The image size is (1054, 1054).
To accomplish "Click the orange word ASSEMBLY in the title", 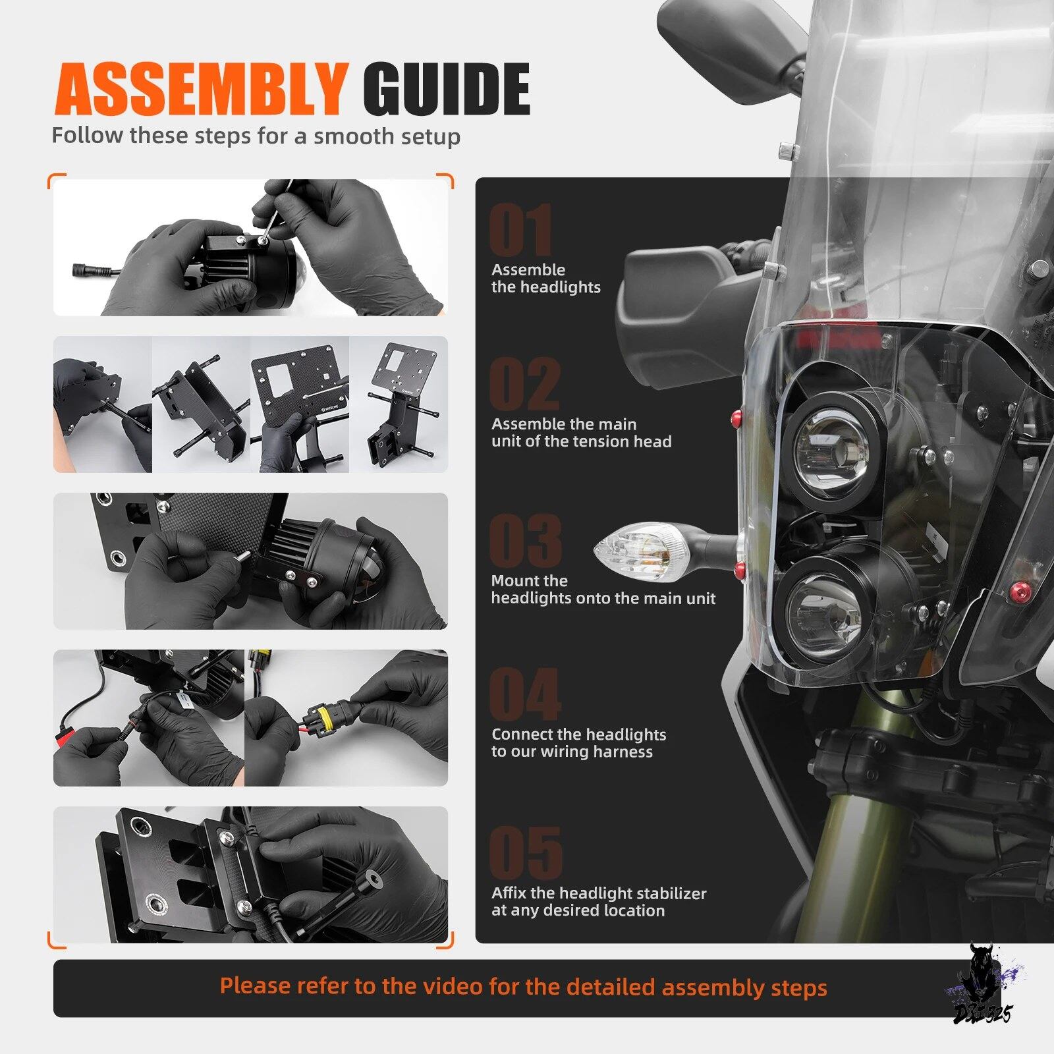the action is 201,90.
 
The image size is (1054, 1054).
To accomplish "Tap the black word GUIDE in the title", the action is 446,90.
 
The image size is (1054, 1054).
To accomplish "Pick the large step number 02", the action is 524,384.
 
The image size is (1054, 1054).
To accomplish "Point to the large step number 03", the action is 525,541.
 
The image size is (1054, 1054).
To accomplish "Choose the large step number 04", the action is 524,694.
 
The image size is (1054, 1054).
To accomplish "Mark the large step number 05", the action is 525,852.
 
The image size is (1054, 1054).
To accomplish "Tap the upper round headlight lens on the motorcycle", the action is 831,449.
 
